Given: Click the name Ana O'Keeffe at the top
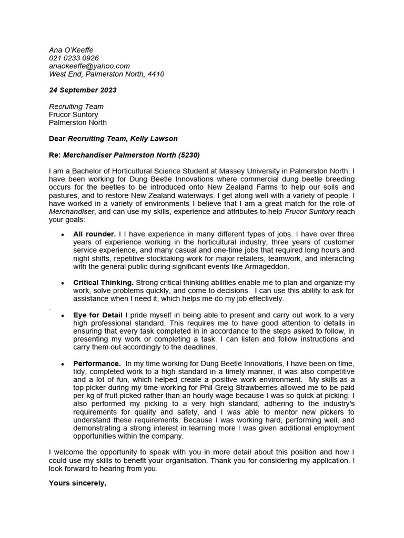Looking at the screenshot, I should pos(70,50).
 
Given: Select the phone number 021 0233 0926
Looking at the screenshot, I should pos(74,58).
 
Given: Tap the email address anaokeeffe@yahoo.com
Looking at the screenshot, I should pos(89,66).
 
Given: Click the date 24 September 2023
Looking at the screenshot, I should pos(83,90).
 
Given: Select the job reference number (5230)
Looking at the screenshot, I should pos(189,155).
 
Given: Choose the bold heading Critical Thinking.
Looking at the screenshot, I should pos(104,283).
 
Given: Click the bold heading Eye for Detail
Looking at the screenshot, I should pos(98,315).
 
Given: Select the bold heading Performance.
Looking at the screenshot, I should pos(97,364).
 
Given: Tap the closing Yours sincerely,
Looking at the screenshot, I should pos(77,482).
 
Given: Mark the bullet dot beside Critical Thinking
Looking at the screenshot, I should pos(63,283).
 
